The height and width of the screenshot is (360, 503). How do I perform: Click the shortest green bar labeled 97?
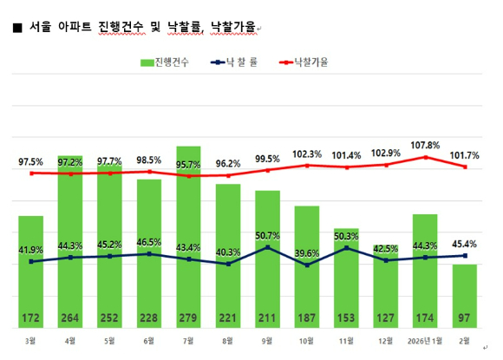pyautogui.click(x=465, y=295)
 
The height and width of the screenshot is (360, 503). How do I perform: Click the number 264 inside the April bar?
pyautogui.click(x=70, y=317)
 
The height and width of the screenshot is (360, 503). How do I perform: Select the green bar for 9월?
pyautogui.click(x=268, y=252)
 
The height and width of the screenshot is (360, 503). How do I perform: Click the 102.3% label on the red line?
pyautogui.click(x=307, y=154)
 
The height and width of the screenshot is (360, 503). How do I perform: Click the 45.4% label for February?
pyautogui.click(x=465, y=244)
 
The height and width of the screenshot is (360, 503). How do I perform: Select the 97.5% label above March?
pyautogui.click(x=31, y=161)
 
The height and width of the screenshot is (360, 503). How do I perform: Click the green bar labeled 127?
pyautogui.click(x=386, y=295)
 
